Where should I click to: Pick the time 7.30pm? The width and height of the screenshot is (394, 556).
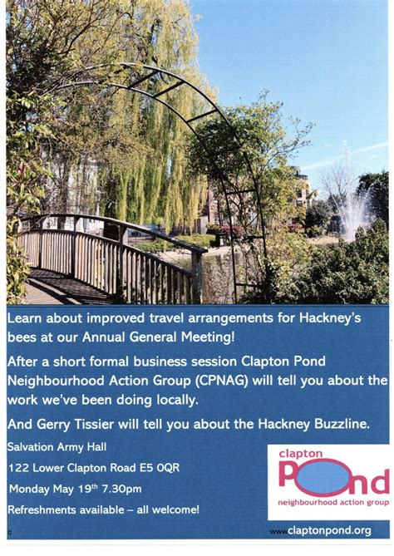pos(121,489)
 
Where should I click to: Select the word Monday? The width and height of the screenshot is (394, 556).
pos(27,489)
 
